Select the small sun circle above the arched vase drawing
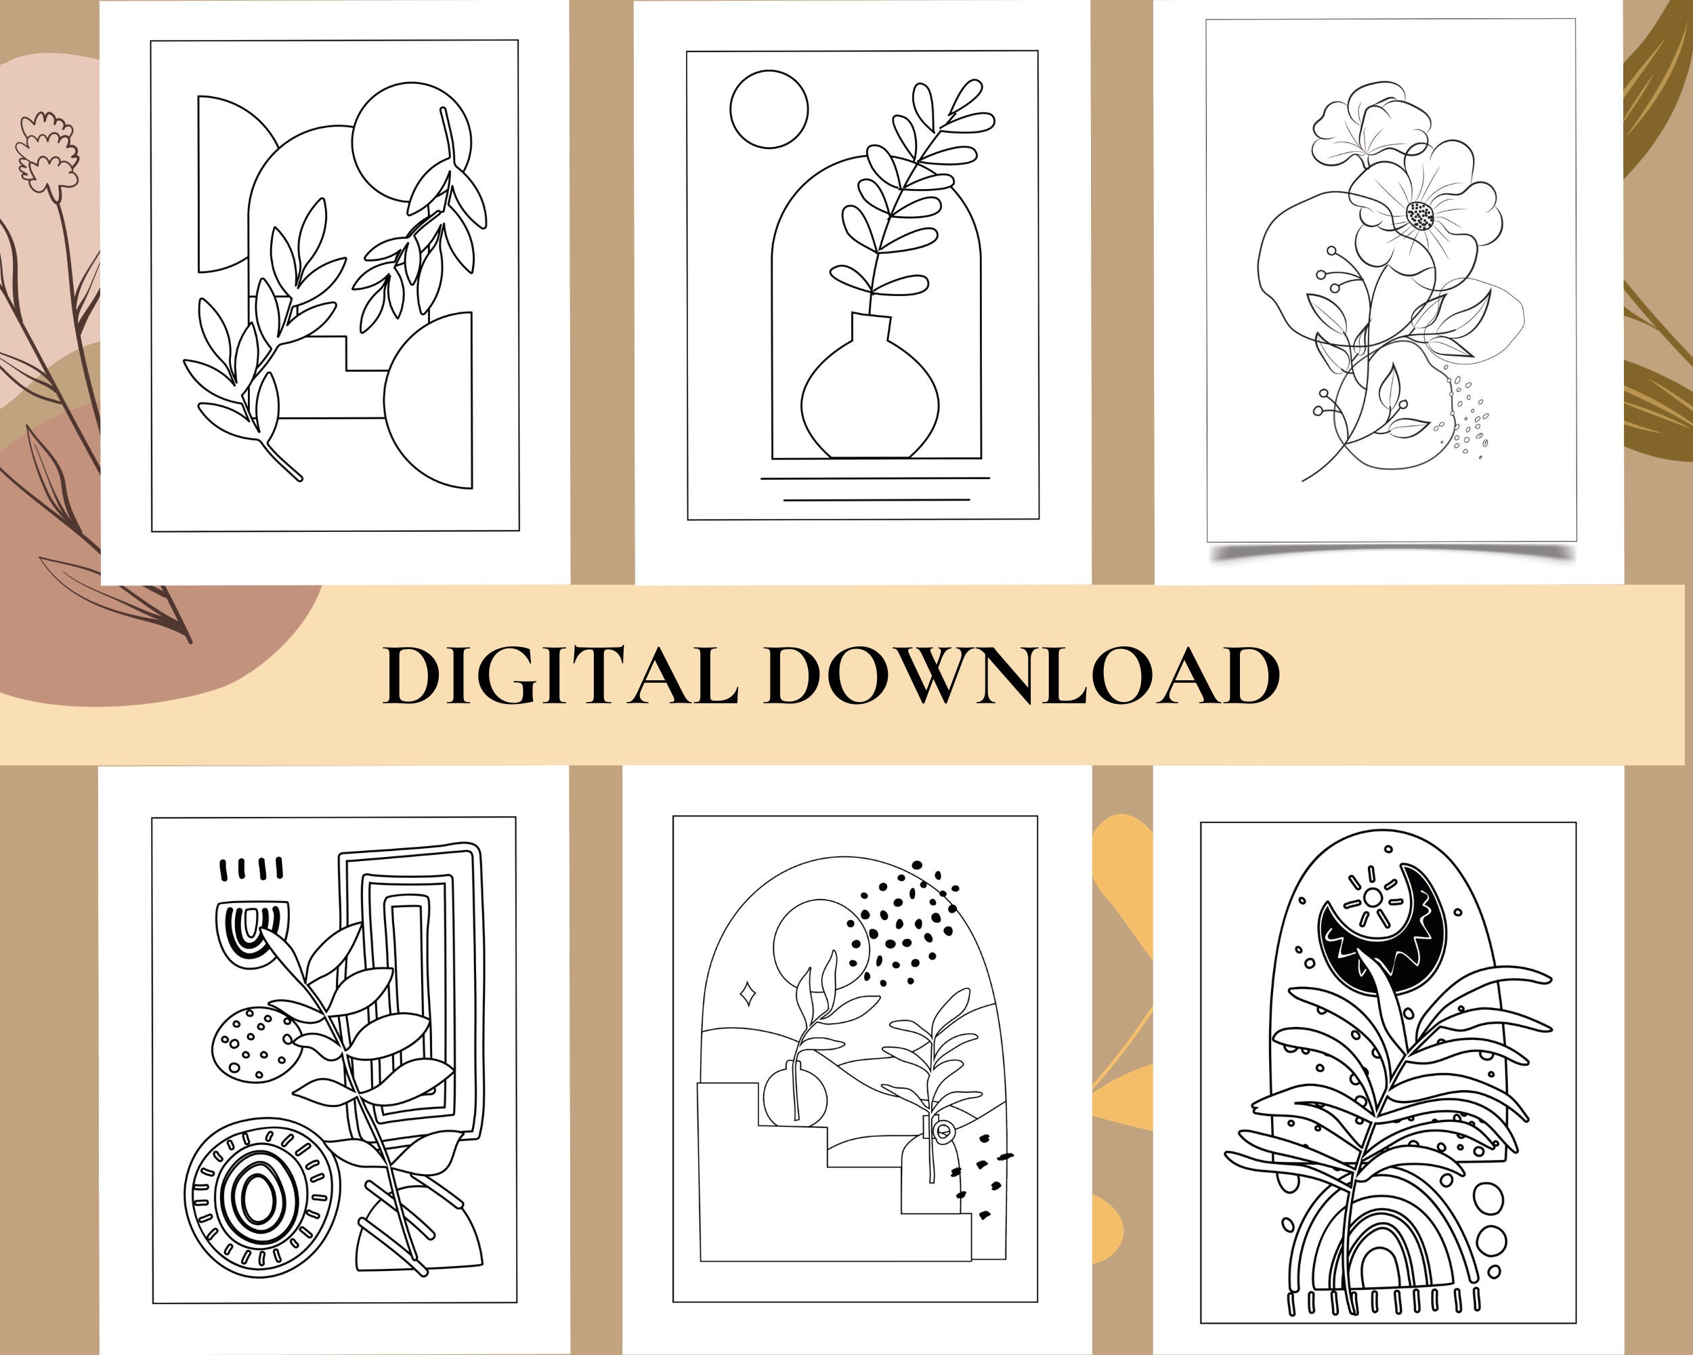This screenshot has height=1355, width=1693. pyautogui.click(x=769, y=109)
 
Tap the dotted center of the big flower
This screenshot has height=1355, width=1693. pyautogui.click(x=1419, y=215)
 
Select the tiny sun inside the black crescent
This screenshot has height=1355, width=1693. pyautogui.click(x=1373, y=897)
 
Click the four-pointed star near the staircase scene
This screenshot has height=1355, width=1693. pyautogui.click(x=748, y=994)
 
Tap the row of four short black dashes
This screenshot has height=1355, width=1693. pyautogui.click(x=251, y=869)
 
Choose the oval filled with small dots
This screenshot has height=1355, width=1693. pyautogui.click(x=254, y=1045)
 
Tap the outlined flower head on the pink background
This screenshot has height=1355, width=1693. pyautogui.click(x=49, y=153)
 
